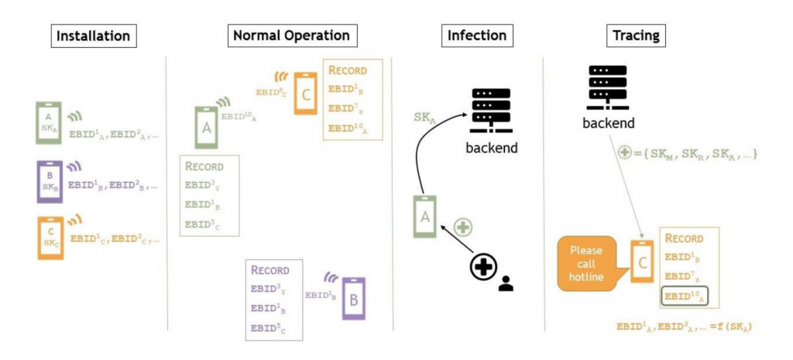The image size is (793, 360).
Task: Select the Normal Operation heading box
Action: pyautogui.click(x=291, y=36)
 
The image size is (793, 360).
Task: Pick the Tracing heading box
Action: pyautogui.click(x=636, y=36)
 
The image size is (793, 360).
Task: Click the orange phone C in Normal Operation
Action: pyautogui.click(x=305, y=94)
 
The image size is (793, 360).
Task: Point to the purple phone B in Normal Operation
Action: pyautogui.click(x=353, y=298)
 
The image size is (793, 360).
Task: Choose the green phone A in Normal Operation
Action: pyautogui.click(x=207, y=127)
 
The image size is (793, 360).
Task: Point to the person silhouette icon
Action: pyautogui.click(x=506, y=283)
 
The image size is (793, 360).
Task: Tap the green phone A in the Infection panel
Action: pyautogui.click(x=424, y=216)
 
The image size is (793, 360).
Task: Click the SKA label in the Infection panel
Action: pyautogui.click(x=427, y=118)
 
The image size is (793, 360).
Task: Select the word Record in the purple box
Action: pyautogui.click(x=270, y=271)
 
